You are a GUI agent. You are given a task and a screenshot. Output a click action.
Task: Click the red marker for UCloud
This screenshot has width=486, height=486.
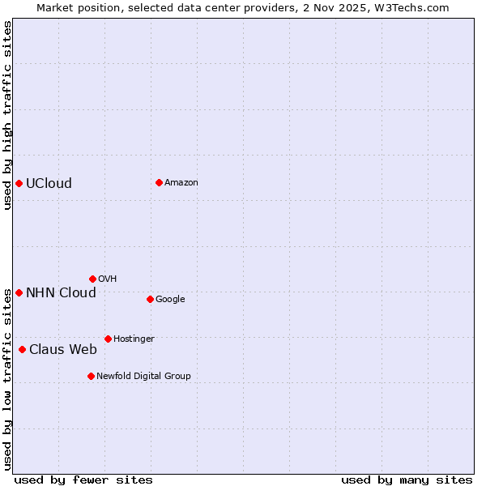pos(19,183)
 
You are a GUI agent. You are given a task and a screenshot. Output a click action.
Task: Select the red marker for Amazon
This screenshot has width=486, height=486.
pos(159,182)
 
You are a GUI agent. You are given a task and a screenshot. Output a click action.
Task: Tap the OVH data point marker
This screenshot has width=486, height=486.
pos(92,279)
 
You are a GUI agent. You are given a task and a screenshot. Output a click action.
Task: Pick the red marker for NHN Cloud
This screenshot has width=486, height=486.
pos(19,292)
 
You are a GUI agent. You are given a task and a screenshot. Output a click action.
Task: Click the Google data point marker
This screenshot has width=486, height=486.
pos(150,299)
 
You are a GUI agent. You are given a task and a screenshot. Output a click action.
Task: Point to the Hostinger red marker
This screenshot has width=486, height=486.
pos(108,339)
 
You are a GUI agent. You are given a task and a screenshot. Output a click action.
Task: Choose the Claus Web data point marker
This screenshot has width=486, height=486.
pos(22,349)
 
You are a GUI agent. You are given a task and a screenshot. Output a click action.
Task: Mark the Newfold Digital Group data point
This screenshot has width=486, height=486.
pos(91,376)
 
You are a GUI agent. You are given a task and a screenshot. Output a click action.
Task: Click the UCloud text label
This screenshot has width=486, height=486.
pos(49,183)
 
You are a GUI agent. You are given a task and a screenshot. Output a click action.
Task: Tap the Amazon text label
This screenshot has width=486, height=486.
pos(181,182)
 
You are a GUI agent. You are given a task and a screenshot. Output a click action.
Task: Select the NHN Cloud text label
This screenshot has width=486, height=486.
pos(61,292)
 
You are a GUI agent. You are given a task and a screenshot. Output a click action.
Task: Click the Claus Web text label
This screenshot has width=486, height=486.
pos(62,349)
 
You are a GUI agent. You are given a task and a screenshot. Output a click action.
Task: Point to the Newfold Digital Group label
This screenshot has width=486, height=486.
pos(143,376)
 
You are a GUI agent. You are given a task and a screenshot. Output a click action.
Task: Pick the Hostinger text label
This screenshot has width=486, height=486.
pos(134,339)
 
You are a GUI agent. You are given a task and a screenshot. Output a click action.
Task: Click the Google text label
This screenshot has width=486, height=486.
pos(170,299)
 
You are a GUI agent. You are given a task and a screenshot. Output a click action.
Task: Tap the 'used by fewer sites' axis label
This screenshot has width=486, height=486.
pos(83,480)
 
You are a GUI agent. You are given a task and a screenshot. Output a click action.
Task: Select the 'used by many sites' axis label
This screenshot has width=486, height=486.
pos(407,480)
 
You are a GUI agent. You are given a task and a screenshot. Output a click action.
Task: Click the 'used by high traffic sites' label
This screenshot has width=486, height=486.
pos(7,115)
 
